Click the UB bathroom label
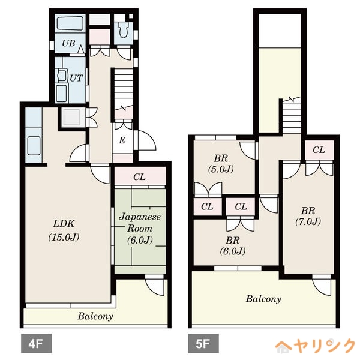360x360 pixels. click(x=68, y=43)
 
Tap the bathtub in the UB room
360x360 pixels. click(x=70, y=23)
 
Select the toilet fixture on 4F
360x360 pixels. click(x=124, y=29)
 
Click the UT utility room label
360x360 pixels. click(x=76, y=78)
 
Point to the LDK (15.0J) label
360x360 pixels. click(x=64, y=230)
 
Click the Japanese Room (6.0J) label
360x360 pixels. click(x=140, y=229)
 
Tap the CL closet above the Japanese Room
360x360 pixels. click(x=140, y=176)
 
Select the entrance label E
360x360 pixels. click(x=122, y=140)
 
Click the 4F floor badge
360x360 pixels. click(x=36, y=343)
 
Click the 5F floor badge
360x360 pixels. click(x=203, y=343)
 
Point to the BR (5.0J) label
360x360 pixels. click(x=221, y=164)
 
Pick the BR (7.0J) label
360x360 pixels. click(x=308, y=216)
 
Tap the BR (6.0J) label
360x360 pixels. click(x=233, y=246)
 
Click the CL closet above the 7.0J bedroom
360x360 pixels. click(x=319, y=150)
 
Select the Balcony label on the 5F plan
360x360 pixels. click(x=263, y=299)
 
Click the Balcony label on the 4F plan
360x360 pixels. click(x=95, y=316)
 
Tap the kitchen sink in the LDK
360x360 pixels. click(x=34, y=146)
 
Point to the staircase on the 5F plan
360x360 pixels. click(x=292, y=115)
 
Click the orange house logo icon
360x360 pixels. click(x=284, y=347)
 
